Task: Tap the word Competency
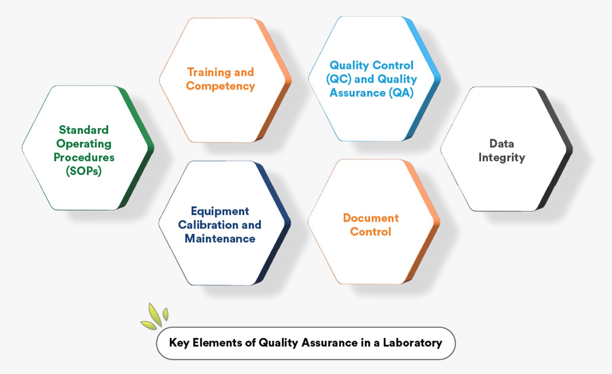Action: pos(220,86)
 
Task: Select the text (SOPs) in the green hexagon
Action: pos(84,171)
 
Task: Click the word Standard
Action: pos(84,130)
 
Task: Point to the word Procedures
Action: pos(84,157)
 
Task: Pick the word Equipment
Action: pos(220,211)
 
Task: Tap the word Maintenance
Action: pos(220,238)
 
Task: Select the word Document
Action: pos(371,218)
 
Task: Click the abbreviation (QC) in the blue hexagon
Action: pos(339,79)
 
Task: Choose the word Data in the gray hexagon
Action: pos(501,144)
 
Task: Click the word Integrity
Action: pos(501,158)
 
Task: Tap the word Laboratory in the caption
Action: pos(412,343)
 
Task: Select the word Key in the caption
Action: pos(179,343)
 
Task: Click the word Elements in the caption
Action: pos(217,343)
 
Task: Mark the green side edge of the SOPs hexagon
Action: pos(136,148)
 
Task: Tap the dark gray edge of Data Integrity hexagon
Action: pos(555,149)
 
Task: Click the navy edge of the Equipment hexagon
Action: pos(273,223)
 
